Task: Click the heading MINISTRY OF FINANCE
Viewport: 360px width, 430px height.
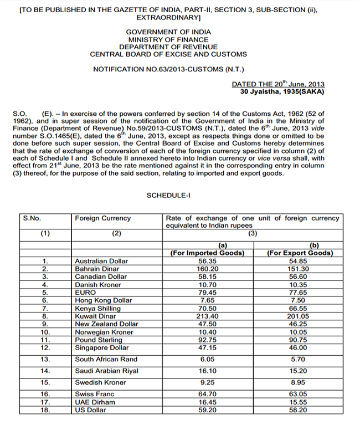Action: (168, 40)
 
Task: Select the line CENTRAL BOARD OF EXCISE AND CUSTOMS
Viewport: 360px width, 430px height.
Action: (168, 54)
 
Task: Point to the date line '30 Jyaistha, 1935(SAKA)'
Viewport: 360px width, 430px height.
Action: (282, 91)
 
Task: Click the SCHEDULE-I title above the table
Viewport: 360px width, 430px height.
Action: (168, 196)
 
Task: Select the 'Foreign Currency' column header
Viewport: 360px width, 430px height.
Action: (102, 218)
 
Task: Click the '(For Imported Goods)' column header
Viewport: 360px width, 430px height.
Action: (207, 253)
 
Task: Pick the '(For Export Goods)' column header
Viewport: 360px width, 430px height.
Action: (300, 253)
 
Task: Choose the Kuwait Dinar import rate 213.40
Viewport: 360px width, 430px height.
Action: (207, 316)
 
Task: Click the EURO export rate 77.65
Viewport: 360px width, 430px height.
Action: (300, 292)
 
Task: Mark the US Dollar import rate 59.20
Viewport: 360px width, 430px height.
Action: (207, 410)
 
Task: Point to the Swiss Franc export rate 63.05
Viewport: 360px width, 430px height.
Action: (300, 395)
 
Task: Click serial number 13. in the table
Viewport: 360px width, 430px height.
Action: (45, 359)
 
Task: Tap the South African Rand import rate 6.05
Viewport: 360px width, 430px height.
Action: (207, 359)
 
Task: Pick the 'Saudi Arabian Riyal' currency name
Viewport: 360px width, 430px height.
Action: (106, 371)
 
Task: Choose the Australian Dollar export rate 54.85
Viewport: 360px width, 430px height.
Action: (300, 261)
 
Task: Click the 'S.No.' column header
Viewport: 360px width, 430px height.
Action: (32, 218)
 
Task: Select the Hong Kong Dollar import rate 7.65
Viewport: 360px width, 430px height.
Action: (207, 300)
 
